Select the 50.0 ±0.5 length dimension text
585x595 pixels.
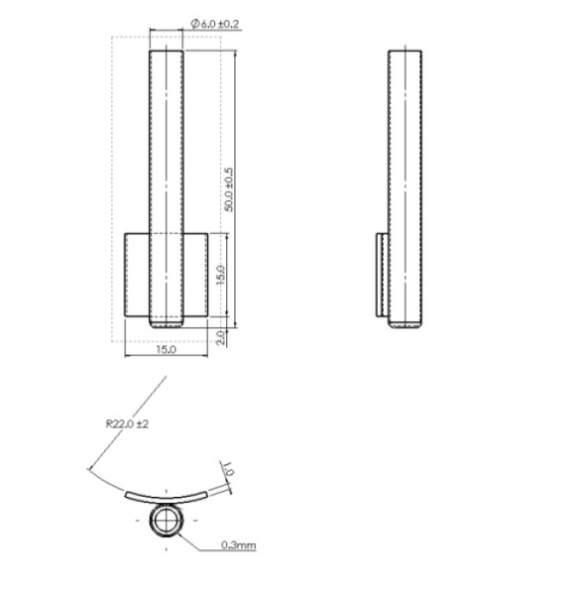[x=229, y=188]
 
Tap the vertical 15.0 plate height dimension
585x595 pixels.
[x=222, y=273]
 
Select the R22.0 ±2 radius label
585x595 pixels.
[x=127, y=423]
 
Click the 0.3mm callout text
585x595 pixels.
[x=239, y=544]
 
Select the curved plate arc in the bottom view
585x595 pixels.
[x=166, y=493]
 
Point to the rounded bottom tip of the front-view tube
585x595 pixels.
[x=166, y=322]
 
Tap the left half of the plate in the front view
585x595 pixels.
[x=136, y=274]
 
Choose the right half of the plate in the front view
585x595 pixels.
[x=195, y=274]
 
